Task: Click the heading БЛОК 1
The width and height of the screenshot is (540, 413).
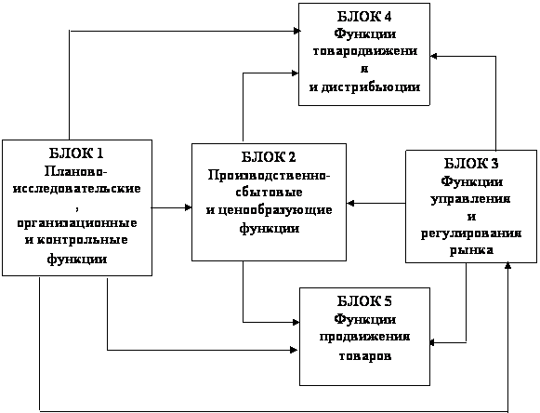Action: click(x=76, y=153)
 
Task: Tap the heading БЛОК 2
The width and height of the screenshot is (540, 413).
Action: click(x=269, y=157)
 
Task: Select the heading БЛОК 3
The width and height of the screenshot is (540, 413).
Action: click(x=471, y=163)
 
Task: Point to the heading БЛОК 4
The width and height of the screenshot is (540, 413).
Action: click(x=364, y=17)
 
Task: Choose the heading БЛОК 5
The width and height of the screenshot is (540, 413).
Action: click(x=364, y=301)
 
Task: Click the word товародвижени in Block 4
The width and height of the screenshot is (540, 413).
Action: click(x=364, y=51)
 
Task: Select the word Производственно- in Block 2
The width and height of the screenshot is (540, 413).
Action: click(x=269, y=176)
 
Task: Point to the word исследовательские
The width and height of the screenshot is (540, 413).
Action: click(x=77, y=189)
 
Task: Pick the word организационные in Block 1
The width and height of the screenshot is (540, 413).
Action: click(x=77, y=223)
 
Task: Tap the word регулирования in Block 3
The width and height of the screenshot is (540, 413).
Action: click(x=471, y=234)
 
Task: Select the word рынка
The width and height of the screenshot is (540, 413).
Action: click(x=471, y=250)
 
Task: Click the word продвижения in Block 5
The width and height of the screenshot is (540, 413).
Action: click(x=364, y=337)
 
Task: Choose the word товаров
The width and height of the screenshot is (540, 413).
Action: click(x=365, y=355)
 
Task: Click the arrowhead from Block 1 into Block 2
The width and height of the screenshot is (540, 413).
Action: click(x=189, y=207)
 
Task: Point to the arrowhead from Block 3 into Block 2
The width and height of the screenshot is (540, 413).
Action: click(x=350, y=204)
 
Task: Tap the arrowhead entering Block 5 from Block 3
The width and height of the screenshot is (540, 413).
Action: click(x=434, y=342)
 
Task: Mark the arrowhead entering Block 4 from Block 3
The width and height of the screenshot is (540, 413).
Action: click(x=434, y=56)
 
